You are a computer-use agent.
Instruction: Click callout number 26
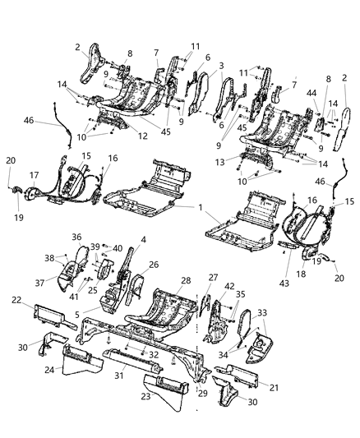click(154, 265)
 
